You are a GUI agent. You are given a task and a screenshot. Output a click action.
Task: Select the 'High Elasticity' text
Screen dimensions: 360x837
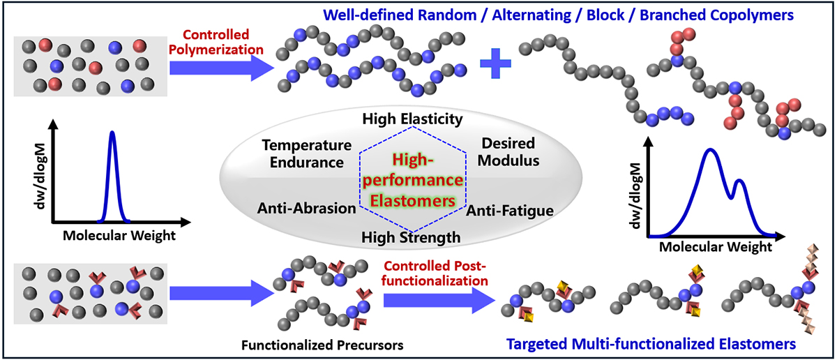tap(412, 119)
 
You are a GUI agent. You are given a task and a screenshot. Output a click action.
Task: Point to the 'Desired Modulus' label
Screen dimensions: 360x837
tap(508, 152)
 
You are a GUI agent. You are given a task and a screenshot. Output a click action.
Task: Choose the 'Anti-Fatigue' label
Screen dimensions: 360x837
tap(509, 209)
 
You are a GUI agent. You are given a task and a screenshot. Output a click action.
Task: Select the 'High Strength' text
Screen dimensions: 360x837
tap(411, 237)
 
